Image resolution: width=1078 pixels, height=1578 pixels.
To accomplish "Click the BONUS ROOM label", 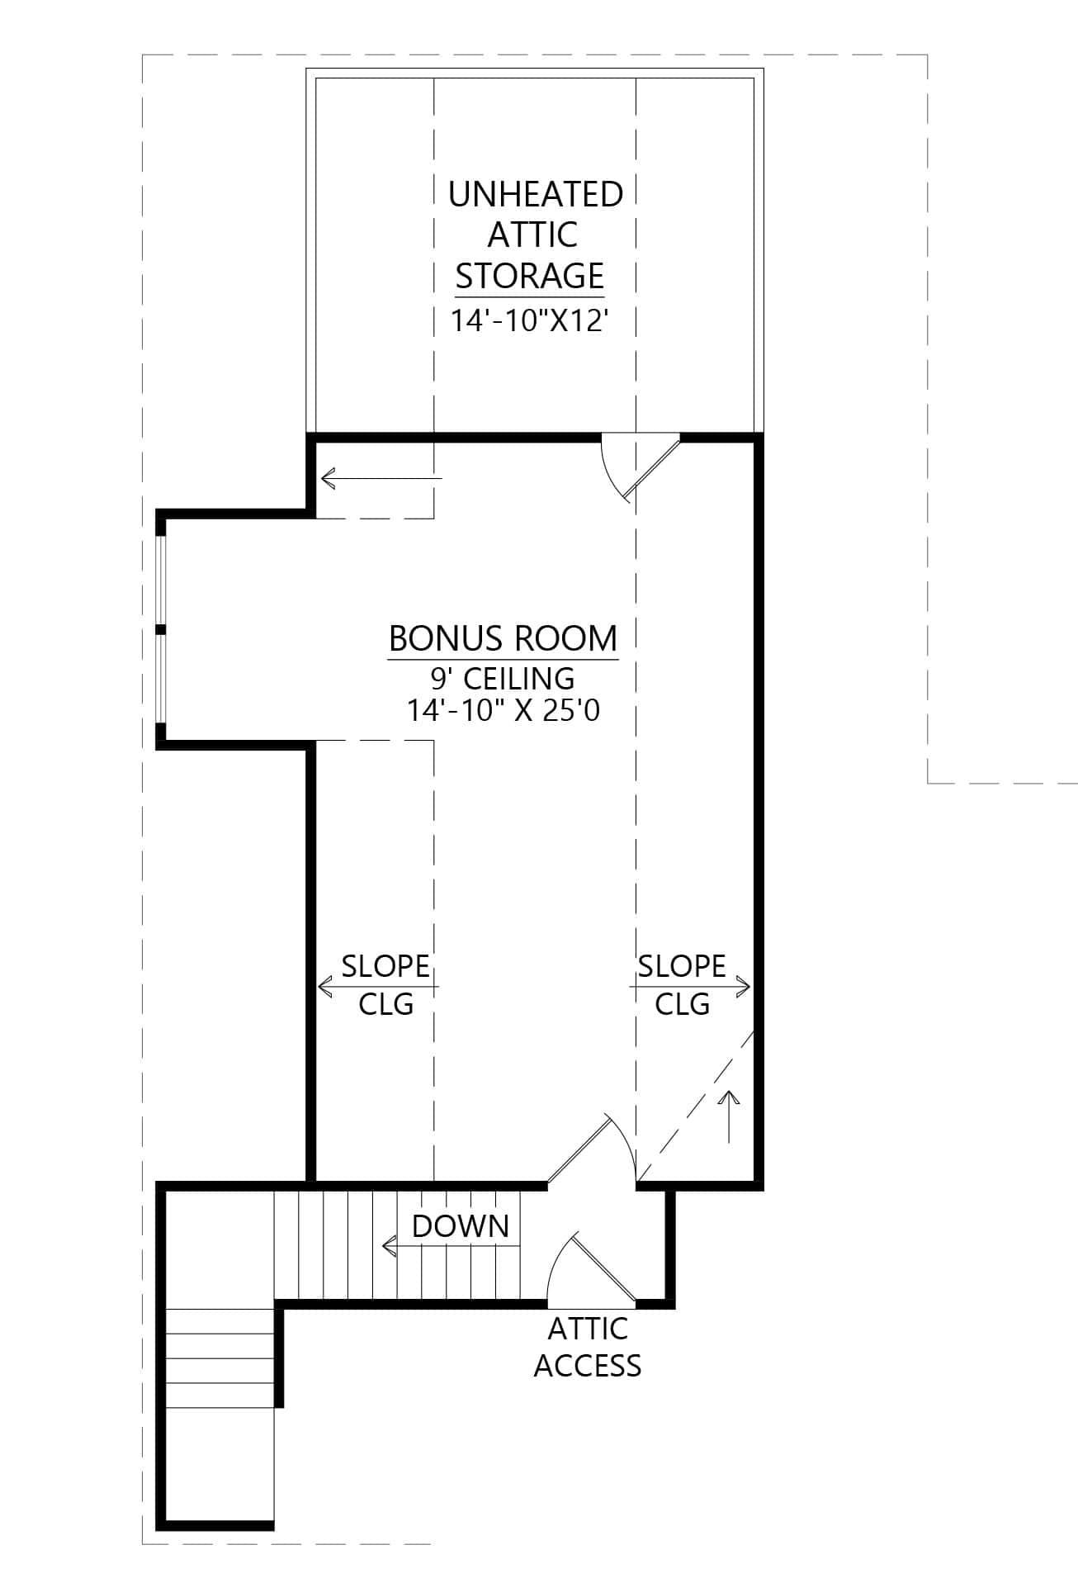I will [503, 639].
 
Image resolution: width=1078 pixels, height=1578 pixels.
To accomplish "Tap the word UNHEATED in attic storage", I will [535, 195].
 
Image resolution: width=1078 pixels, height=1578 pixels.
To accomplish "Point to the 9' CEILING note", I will [503, 679].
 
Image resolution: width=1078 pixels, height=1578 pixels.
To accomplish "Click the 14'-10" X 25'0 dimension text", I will [503, 710].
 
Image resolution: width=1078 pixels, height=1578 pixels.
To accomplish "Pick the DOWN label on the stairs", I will [460, 1226].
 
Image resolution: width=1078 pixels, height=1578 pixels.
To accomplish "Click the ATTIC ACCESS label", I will [587, 1347].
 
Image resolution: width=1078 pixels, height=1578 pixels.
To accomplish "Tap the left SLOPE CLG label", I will [385, 984].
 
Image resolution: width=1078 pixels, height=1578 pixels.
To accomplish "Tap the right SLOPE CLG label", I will [682, 984].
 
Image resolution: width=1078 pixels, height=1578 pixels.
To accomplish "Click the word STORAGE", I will [529, 276].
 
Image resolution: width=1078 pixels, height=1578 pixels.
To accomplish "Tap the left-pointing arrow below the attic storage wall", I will [380, 477].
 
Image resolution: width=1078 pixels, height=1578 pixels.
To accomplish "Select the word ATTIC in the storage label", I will [532, 235].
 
